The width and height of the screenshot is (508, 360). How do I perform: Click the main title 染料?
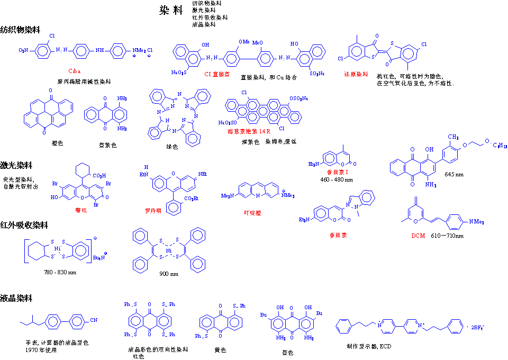coord(171,11)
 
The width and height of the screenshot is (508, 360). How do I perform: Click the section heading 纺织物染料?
coord(20,30)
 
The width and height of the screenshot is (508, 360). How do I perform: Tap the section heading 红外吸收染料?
coord(24,225)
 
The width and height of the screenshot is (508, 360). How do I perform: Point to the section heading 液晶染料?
coord(16,298)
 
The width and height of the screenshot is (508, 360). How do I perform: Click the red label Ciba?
coord(76,71)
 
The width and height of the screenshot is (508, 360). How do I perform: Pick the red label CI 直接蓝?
coord(217,74)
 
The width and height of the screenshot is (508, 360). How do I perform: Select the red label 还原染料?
coord(356,74)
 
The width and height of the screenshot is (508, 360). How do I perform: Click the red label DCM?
coord(418,236)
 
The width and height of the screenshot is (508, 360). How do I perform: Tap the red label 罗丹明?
coord(153,210)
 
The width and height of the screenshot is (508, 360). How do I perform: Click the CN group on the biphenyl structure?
coord(93,320)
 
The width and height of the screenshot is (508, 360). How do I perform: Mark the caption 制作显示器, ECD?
coord(368,346)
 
